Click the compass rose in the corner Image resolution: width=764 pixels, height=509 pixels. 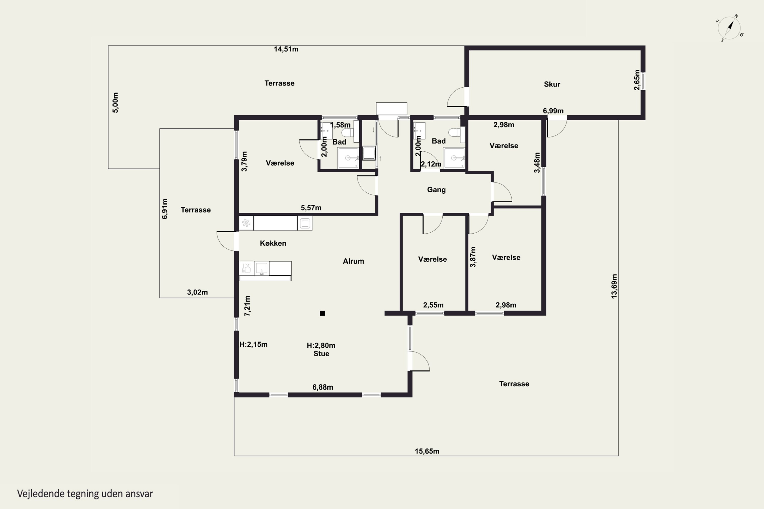(x=730, y=28)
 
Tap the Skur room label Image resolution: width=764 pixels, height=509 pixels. (x=552, y=84)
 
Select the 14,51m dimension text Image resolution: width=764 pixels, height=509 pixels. (x=286, y=49)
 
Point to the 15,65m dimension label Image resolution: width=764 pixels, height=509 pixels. (x=427, y=451)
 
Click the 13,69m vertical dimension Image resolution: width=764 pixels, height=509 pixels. (x=614, y=286)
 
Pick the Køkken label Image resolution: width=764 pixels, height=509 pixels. (x=273, y=243)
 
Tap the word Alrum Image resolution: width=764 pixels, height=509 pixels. (x=353, y=261)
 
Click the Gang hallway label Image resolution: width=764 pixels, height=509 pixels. (x=436, y=190)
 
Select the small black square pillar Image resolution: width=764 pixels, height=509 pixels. (x=322, y=313)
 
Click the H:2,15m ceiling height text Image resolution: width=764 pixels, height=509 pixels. (x=253, y=344)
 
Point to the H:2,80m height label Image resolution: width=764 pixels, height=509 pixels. (x=321, y=345)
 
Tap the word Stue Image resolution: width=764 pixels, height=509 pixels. (x=321, y=354)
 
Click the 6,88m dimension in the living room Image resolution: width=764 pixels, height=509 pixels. (x=323, y=387)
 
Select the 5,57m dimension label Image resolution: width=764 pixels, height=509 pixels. (x=311, y=207)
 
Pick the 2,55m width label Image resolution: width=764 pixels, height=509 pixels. (x=433, y=305)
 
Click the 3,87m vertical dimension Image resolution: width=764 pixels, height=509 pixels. (x=473, y=257)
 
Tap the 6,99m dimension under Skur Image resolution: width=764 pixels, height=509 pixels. (x=553, y=111)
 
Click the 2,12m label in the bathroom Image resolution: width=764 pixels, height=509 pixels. (x=431, y=164)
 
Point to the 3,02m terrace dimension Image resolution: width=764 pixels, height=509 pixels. (x=197, y=292)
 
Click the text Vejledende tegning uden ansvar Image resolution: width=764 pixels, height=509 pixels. (x=85, y=494)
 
